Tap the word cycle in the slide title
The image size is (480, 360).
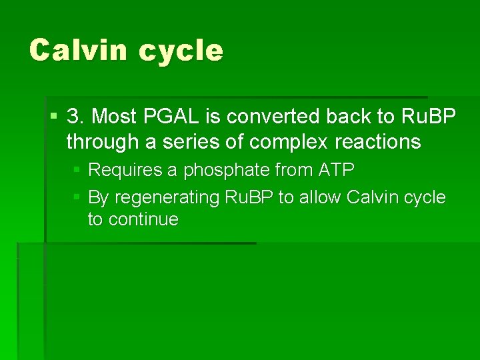click(x=181, y=51)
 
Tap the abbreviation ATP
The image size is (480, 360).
click(x=337, y=170)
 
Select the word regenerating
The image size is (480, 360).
click(x=159, y=198)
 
